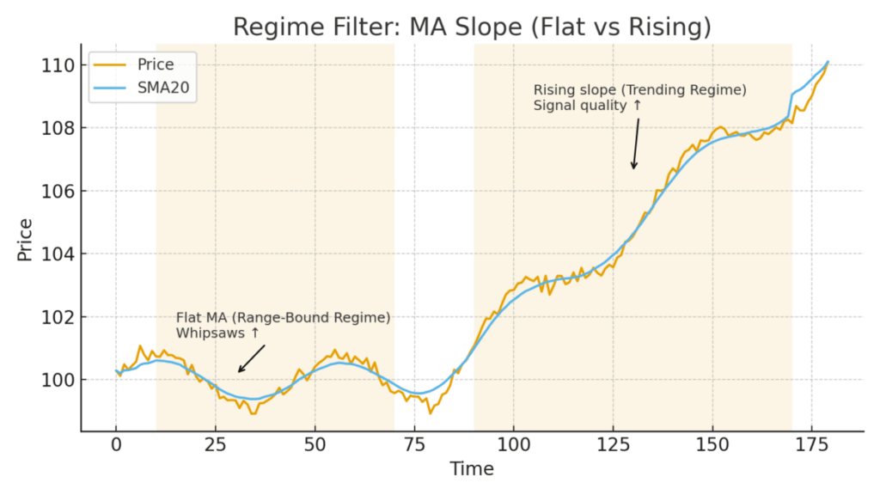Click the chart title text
pos(472,27)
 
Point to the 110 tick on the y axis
pos(57,64)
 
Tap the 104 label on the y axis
pos(57,254)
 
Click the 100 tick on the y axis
pos(57,380)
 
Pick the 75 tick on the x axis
pos(414,444)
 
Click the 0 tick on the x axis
pos(116,444)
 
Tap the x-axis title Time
pos(472,469)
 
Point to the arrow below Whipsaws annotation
pos(251,358)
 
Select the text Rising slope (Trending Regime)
pos(639,89)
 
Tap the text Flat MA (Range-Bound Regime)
pos(283,318)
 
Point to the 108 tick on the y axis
pos(57,128)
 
